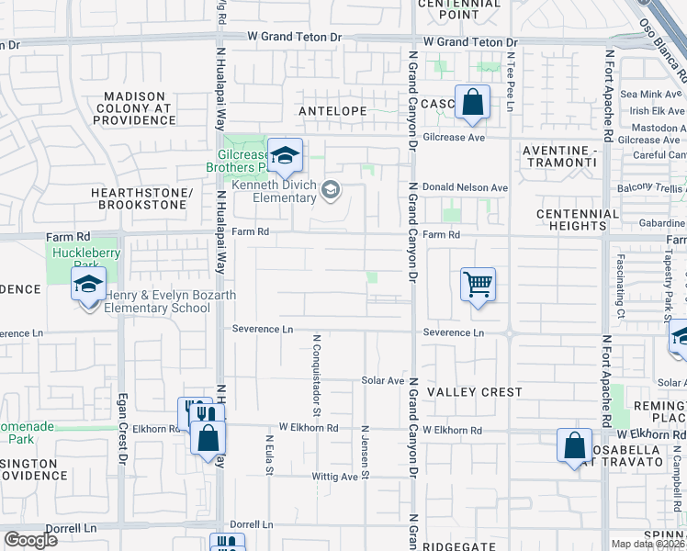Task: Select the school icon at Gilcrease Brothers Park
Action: click(x=286, y=155)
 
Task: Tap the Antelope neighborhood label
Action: click(x=332, y=110)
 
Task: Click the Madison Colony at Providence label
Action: click(x=134, y=107)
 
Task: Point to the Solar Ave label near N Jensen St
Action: click(x=382, y=380)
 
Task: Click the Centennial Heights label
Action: click(x=578, y=220)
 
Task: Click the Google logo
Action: click(x=30, y=540)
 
